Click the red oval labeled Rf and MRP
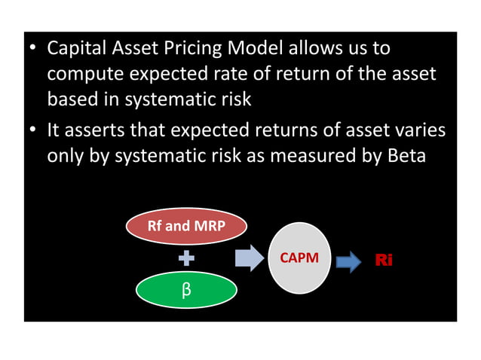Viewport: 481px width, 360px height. click(186, 225)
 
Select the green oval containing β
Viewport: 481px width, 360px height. click(186, 291)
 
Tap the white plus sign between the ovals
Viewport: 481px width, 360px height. click(186, 259)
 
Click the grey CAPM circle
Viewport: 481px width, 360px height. click(299, 258)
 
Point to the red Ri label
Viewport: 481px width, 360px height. click(384, 261)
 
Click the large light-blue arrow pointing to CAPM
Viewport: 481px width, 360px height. click(249, 258)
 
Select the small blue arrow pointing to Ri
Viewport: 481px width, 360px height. click(348, 261)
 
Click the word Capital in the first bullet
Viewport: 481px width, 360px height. click(78, 50)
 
